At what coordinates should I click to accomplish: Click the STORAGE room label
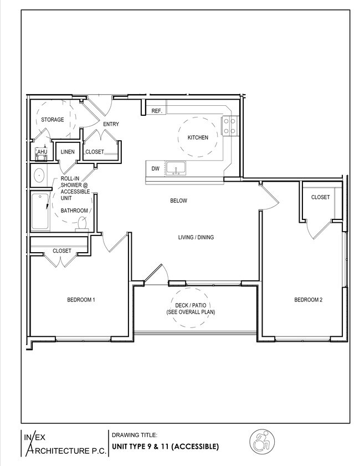52,120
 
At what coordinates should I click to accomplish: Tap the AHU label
42,152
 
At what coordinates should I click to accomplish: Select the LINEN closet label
68,152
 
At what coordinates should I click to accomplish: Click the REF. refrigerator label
157,111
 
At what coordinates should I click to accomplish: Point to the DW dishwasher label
155,168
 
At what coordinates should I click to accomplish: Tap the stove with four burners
230,126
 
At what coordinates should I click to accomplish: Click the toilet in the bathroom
82,224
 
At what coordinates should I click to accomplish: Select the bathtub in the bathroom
40,211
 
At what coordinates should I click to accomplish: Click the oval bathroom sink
39,177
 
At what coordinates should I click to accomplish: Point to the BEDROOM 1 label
81,300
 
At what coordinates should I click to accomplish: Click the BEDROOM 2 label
308,300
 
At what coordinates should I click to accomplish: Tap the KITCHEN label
198,137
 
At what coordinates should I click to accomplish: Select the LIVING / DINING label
196,238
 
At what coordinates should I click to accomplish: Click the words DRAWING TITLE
135,435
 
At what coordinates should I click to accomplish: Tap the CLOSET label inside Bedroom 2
320,197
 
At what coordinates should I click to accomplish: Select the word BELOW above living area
178,201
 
